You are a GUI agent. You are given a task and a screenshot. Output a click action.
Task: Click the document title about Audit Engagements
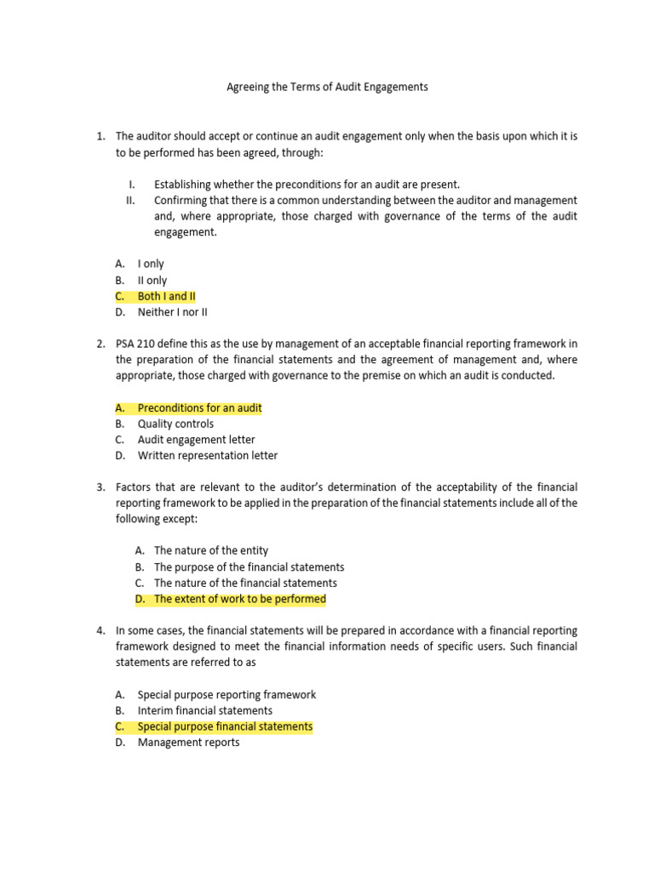click(326, 87)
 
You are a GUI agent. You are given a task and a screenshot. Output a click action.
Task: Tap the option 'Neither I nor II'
click(172, 312)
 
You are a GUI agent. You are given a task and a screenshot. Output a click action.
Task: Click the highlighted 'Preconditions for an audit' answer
click(199, 408)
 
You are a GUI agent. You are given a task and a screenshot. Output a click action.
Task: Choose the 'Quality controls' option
click(175, 424)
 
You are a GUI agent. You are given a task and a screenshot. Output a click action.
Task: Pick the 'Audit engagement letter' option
click(196, 440)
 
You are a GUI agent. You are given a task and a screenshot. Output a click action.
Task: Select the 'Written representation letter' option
click(207, 455)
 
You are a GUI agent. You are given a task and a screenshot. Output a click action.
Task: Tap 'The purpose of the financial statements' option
click(249, 567)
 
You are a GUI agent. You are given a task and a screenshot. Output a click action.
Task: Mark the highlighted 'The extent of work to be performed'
click(239, 599)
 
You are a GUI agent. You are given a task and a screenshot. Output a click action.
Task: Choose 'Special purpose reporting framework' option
click(227, 695)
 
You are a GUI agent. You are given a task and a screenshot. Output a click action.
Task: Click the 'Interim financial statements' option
click(204, 710)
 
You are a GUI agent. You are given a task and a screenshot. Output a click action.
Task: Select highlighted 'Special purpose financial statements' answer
click(225, 726)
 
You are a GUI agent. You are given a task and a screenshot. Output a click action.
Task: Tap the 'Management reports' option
click(188, 743)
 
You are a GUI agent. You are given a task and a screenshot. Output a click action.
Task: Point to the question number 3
click(100, 487)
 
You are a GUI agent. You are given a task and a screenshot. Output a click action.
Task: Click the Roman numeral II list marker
click(130, 201)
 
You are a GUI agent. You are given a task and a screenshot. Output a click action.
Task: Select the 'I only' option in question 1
click(151, 264)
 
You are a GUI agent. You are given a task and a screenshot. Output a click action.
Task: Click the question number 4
click(100, 631)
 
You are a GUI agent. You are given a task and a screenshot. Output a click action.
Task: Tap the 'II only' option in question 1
click(152, 280)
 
